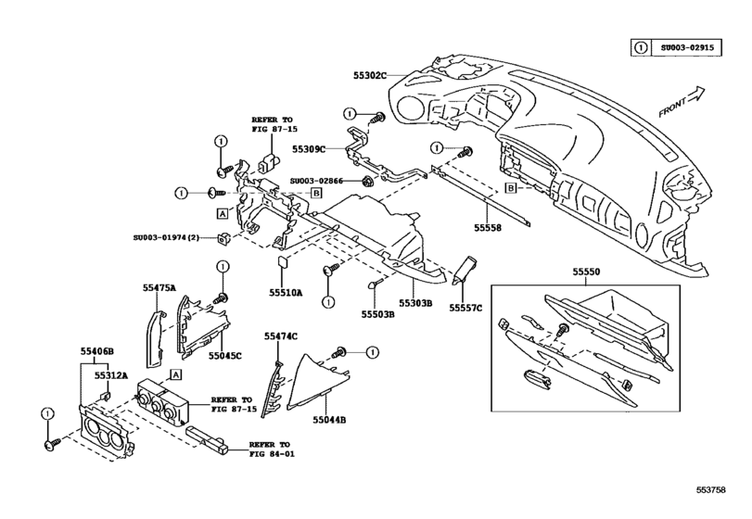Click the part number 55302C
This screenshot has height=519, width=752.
(x=368, y=74)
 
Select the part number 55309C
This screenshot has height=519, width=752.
(x=310, y=147)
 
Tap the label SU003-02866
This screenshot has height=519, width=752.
(x=315, y=182)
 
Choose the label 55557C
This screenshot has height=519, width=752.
(x=466, y=307)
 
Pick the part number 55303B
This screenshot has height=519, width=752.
(x=416, y=303)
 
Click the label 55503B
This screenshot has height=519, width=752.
(x=378, y=315)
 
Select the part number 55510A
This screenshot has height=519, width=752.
(x=287, y=292)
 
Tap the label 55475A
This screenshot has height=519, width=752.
(x=159, y=288)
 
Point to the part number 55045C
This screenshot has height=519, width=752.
(x=224, y=355)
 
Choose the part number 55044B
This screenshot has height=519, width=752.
(x=328, y=420)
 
